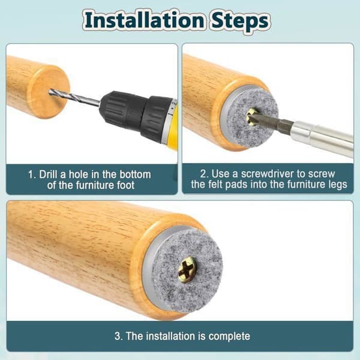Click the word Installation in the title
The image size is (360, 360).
point(144,20)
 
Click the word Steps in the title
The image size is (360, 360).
point(240,22)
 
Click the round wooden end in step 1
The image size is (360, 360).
point(49,92)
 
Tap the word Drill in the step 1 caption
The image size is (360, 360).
point(48,175)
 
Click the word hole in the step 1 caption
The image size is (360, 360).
point(79,175)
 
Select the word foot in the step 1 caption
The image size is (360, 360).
point(125,185)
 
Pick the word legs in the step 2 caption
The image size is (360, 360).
point(337,185)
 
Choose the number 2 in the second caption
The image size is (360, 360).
point(203,174)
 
